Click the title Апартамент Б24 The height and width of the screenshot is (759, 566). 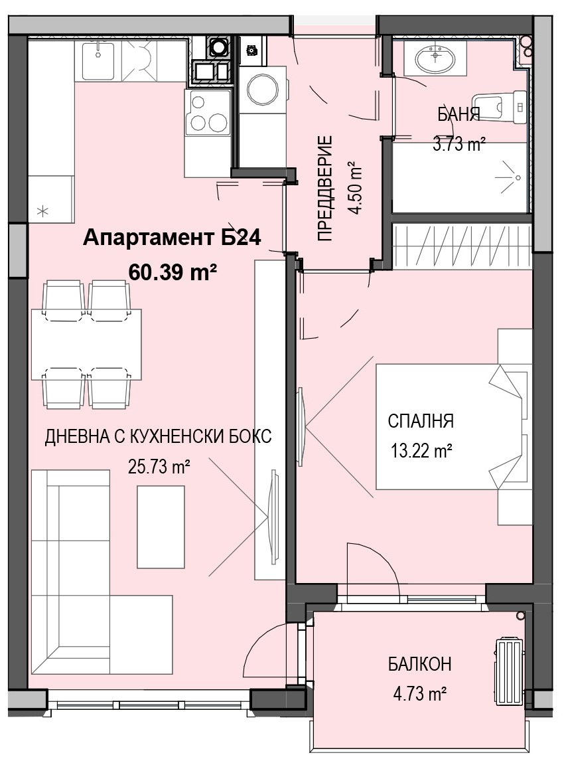click(173, 238)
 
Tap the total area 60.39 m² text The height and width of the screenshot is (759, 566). click(173, 272)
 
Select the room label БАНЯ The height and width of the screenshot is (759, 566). click(459, 115)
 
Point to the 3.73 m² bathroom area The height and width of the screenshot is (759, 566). click(459, 143)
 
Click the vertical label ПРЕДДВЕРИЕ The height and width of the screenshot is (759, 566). click(326, 189)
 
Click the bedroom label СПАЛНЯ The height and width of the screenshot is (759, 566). click(421, 421)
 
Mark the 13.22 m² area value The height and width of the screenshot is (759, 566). click(421, 452)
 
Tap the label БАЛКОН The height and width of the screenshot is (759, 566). click(420, 663)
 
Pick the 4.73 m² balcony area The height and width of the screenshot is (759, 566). click(419, 695)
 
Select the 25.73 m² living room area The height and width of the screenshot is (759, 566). click(159, 467)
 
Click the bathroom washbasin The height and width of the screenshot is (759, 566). click(435, 57)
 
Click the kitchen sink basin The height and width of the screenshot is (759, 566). click(98, 61)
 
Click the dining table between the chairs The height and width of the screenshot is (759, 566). click(87, 344)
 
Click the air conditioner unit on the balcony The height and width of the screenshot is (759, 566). click(508, 671)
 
